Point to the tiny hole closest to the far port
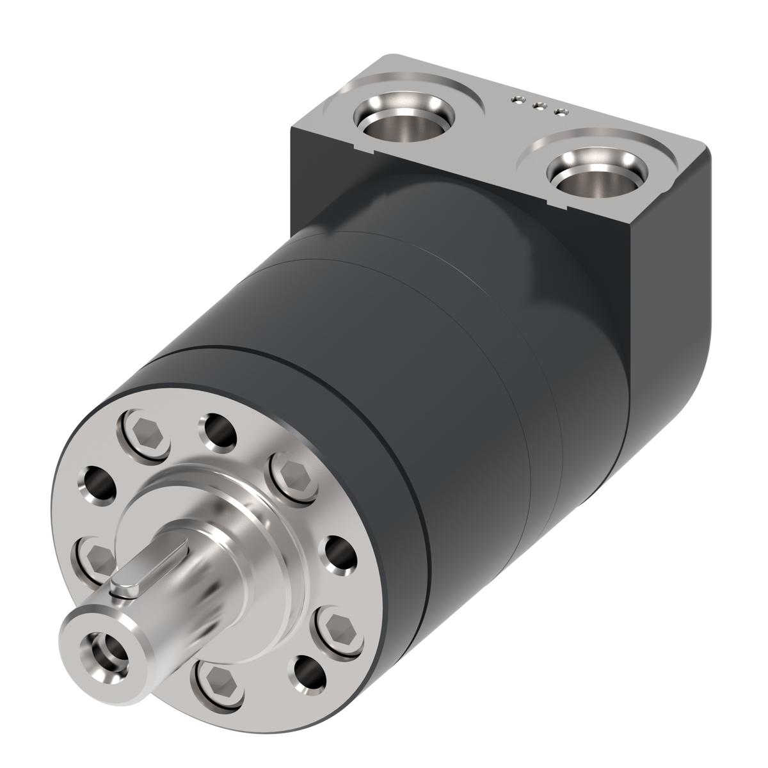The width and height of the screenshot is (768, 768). tap(516, 99)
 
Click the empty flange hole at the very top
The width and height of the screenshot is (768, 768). tap(218, 431)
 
